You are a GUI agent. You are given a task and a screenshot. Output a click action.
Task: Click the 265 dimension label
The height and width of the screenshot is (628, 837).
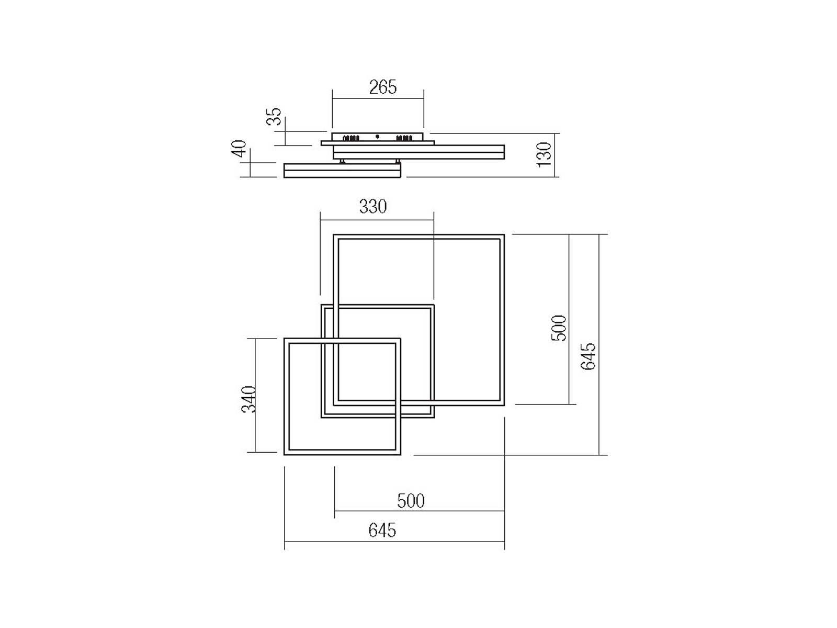[383, 87]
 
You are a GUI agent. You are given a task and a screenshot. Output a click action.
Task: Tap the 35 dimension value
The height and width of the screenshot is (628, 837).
[274, 116]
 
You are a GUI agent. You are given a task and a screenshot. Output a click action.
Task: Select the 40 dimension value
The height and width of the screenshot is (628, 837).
[239, 149]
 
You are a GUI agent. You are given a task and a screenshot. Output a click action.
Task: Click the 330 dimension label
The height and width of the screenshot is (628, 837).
[373, 206]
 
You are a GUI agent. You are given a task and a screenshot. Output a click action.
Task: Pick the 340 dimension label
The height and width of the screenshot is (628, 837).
[249, 399]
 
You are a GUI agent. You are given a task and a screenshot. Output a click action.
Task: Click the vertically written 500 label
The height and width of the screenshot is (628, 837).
[559, 328]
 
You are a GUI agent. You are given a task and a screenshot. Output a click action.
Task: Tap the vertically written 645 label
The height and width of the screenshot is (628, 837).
[588, 356]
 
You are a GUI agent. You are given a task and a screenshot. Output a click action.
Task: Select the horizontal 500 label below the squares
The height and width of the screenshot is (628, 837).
[411, 501]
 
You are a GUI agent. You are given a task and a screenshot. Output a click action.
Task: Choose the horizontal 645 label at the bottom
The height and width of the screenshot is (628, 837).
[382, 530]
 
